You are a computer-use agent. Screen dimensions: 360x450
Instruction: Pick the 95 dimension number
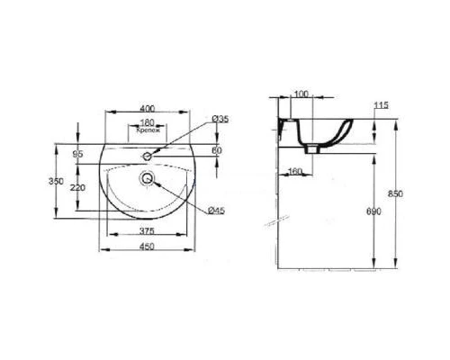(x=78, y=155)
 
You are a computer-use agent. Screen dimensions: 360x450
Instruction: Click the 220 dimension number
(x=78, y=187)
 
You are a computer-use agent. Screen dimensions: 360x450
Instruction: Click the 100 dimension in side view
(x=301, y=94)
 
